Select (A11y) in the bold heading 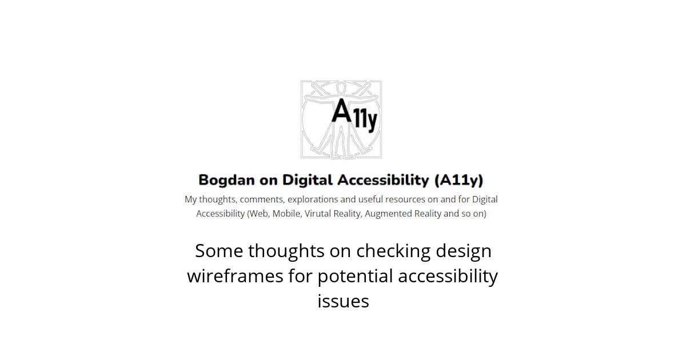tap(459, 181)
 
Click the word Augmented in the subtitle tap(389, 214)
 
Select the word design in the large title tap(464, 251)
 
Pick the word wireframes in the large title tap(235, 276)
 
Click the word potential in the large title tap(354, 276)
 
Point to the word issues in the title tap(343, 301)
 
